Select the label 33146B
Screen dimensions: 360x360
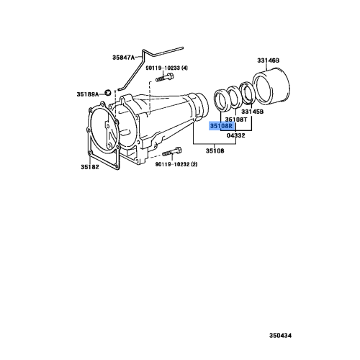[268, 60]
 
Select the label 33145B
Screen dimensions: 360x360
[253, 112]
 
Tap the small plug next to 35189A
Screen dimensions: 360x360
[107, 92]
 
